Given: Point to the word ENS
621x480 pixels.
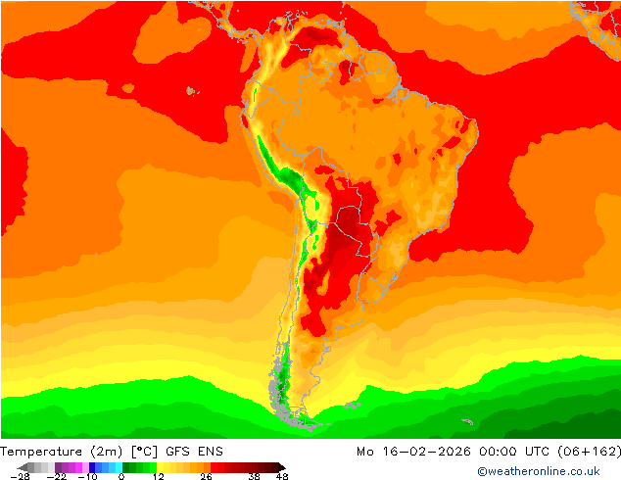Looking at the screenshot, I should pyautogui.click(x=211, y=452).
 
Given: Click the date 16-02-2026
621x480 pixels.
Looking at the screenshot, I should pyautogui.click(x=416, y=452).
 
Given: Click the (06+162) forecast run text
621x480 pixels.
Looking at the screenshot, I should pyautogui.click(x=586, y=452).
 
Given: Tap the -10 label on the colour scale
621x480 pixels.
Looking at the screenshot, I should pyautogui.click(x=88, y=477).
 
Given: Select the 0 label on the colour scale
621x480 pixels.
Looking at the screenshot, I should pyautogui.click(x=121, y=477).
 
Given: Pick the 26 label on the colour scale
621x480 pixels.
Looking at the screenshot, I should pyautogui.click(x=206, y=477).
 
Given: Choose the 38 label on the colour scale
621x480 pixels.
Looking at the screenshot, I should pyautogui.click(x=255, y=477).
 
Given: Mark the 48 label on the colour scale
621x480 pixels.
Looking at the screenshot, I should pyautogui.click(x=283, y=477).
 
